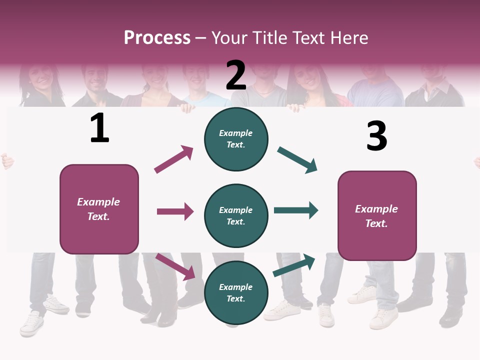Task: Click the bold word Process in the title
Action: (157, 37)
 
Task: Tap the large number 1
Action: (99, 128)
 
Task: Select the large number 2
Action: (236, 75)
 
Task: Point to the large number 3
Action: (376, 136)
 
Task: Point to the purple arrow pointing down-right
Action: (175, 266)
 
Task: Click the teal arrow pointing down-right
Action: (297, 160)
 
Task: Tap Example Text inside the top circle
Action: (236, 138)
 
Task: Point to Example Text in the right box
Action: (376, 216)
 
